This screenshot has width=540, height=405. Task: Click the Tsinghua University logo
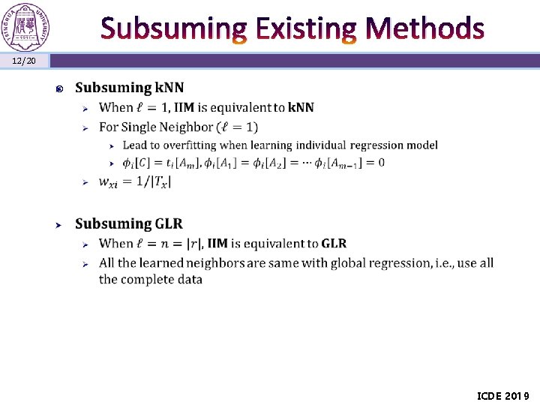(x=26, y=25)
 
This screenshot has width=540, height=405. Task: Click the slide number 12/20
(x=24, y=60)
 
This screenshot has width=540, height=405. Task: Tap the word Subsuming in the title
(x=172, y=28)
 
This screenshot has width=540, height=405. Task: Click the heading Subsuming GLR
(x=128, y=223)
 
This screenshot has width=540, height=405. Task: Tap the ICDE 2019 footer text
(x=503, y=395)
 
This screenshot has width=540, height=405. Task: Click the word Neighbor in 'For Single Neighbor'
(x=183, y=127)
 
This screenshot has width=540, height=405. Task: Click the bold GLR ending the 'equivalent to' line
(x=334, y=243)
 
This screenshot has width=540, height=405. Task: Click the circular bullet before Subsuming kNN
(x=59, y=89)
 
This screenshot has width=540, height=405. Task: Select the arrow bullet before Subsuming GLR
(x=59, y=224)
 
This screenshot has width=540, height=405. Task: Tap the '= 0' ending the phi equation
(x=376, y=163)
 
